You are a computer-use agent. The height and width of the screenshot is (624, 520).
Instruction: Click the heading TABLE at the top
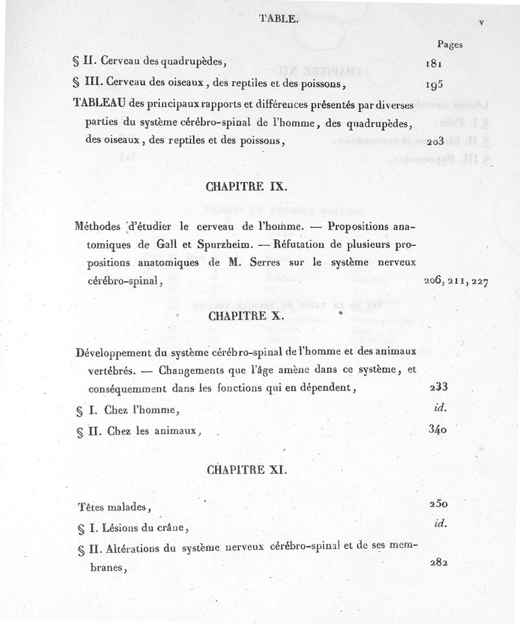pos(278,19)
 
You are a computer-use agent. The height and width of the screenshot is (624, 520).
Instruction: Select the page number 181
pos(434,64)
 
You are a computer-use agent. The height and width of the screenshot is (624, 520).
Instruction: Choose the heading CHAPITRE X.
pos(244,316)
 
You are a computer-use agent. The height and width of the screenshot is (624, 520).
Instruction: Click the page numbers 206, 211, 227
pos(454,282)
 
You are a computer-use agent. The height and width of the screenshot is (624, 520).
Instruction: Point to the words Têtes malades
pos(114,508)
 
